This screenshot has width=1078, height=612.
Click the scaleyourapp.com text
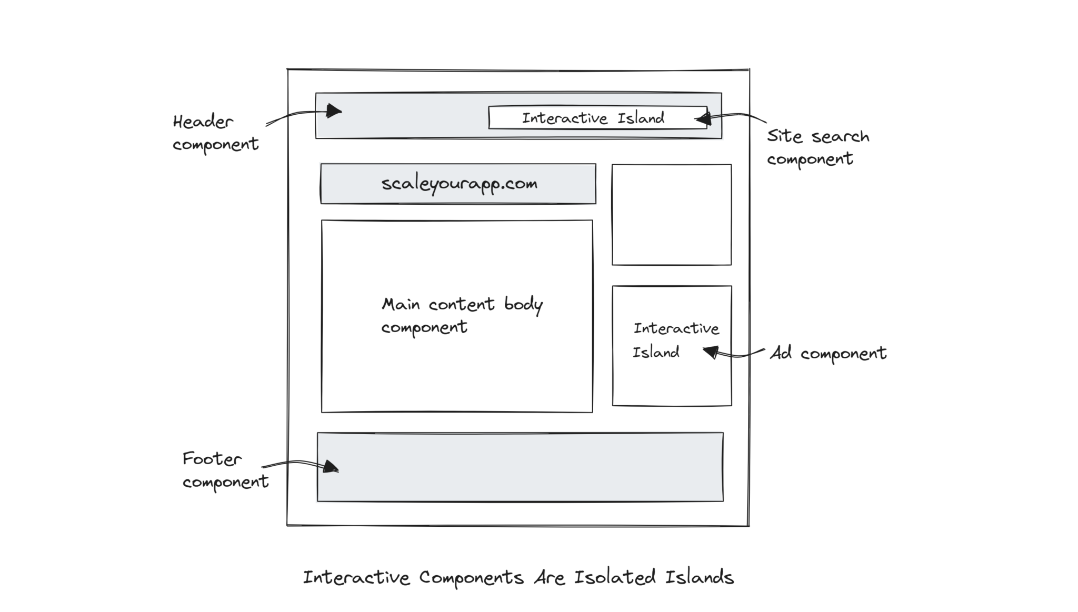click(x=459, y=184)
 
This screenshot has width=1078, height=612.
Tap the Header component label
click(x=215, y=133)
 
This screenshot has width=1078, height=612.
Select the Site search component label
click(x=817, y=147)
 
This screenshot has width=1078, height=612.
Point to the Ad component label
click(x=828, y=353)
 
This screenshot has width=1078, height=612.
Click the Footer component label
click(x=225, y=470)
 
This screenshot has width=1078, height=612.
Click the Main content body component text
click(x=461, y=315)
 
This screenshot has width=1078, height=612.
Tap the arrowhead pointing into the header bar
click(x=333, y=111)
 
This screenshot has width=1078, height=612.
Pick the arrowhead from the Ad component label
click(x=711, y=351)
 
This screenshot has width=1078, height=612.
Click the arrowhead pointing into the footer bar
click(x=331, y=467)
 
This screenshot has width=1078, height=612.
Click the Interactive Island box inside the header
click(x=597, y=118)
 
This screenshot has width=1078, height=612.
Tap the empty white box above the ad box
click(x=671, y=214)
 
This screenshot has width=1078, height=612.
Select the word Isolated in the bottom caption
click(x=614, y=577)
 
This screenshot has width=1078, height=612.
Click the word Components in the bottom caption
click(x=471, y=578)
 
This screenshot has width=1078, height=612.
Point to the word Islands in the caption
click(x=699, y=577)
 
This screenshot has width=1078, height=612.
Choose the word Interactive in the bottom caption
click(x=356, y=578)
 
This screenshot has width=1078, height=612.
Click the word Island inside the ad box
click(x=655, y=352)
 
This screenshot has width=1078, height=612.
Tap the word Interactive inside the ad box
click(x=676, y=328)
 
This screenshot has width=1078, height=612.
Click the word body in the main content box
click(x=523, y=305)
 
